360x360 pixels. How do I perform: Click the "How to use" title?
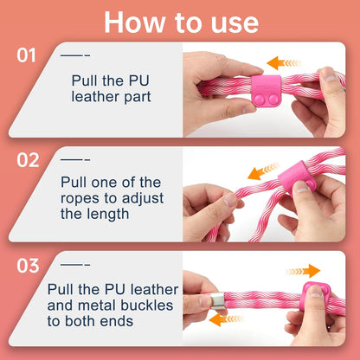click(x=181, y=22)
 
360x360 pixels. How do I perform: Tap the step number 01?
click(x=26, y=55)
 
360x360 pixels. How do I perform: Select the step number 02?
click(x=28, y=160)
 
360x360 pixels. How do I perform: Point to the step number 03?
click(x=28, y=266)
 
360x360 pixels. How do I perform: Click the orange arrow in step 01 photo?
click(x=284, y=63)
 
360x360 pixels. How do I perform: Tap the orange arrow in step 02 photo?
click(x=263, y=171)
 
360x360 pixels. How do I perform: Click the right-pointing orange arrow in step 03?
click(x=303, y=271)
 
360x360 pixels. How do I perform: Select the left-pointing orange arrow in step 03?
click(x=226, y=319)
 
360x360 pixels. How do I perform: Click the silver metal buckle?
click(x=218, y=301)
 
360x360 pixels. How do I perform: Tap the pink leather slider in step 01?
click(x=266, y=90)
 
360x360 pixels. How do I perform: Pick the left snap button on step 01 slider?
click(x=259, y=99)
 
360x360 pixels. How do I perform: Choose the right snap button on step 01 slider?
click(x=273, y=99)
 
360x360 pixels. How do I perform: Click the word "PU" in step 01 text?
click(x=138, y=80)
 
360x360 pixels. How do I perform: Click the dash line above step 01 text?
click(x=75, y=55)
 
